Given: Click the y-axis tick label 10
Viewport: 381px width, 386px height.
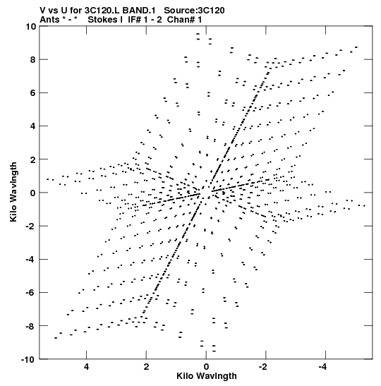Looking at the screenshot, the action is coord(31,26).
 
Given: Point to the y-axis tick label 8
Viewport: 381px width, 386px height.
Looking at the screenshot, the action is coord(33,59).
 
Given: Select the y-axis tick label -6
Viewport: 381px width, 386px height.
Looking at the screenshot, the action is coord(31,292).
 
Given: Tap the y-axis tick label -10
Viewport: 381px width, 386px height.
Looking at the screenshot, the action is coord(28,359).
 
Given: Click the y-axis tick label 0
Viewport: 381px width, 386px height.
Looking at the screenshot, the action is coord(33,193).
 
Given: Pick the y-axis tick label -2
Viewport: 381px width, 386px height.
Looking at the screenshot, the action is coord(31,226).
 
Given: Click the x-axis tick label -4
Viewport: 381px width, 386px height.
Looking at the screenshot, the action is coord(322,367).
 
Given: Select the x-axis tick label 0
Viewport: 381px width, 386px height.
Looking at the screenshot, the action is coord(206,367).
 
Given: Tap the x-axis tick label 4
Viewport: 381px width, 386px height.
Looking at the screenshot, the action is coord(86,367).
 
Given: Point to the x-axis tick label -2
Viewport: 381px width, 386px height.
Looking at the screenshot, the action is coord(263,367).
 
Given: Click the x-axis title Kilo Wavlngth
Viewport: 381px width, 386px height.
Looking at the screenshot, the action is coord(207,376).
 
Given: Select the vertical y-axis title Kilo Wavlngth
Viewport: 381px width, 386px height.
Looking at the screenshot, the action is coord(13,192).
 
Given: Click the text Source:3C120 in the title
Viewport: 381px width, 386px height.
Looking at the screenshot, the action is coord(194,11).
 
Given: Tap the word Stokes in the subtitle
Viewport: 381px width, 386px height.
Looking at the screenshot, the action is coord(102,20).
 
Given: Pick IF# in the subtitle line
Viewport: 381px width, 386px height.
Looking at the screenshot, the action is coord(134,20).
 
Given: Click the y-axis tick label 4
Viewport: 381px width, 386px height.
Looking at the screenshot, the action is coord(33,126).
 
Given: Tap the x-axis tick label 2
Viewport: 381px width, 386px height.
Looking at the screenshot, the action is coord(147,367).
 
